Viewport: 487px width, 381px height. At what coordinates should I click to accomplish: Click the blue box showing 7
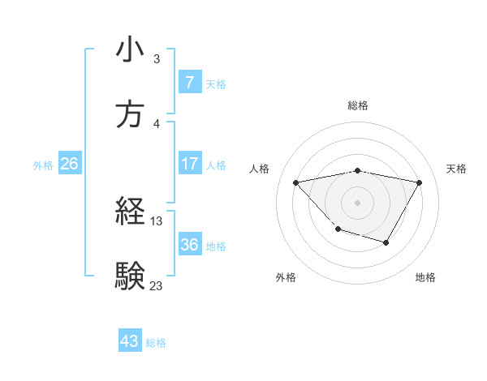(189, 82)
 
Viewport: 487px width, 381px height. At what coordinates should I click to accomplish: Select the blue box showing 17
(189, 165)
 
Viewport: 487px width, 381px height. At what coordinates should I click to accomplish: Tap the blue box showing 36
(189, 246)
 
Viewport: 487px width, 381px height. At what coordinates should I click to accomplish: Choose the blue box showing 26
(69, 165)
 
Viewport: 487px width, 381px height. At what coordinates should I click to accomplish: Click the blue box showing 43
(130, 342)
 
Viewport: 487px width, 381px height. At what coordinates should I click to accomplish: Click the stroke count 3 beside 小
(157, 59)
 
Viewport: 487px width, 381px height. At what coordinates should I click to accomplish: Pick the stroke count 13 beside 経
(157, 220)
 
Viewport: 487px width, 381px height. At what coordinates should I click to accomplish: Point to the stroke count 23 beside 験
(157, 285)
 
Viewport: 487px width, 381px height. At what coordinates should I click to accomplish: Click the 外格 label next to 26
(43, 165)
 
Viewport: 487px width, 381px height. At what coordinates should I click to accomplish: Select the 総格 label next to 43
(156, 343)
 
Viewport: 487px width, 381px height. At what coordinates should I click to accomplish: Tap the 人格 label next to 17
(216, 165)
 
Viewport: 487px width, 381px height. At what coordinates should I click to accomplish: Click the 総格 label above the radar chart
(358, 105)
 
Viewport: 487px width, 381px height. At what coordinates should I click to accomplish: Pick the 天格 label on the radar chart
(457, 169)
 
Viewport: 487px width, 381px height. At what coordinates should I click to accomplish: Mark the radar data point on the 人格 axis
(296, 182)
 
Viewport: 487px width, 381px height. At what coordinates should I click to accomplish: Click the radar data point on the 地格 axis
(386, 242)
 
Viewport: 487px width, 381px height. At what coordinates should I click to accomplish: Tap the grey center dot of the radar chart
(357, 202)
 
